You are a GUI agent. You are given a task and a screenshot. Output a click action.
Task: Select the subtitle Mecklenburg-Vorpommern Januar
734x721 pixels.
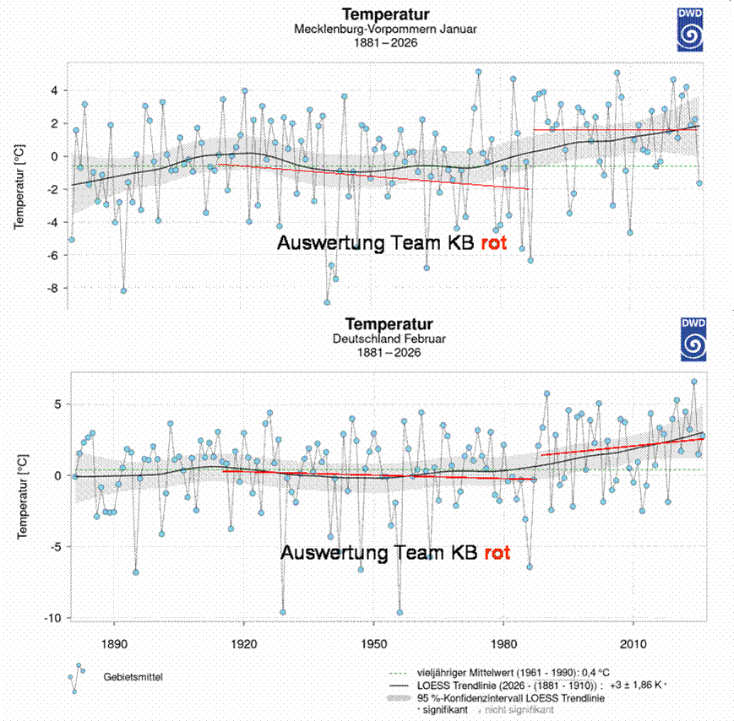pos(385,29)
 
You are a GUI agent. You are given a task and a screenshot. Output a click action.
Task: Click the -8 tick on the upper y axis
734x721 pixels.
pos(54,288)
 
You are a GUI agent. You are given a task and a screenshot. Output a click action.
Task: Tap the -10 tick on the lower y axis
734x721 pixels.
pos(51,618)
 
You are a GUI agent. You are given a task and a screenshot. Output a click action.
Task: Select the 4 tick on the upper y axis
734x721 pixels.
pos(56,90)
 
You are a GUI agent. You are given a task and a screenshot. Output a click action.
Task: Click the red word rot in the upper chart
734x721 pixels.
pos(492,244)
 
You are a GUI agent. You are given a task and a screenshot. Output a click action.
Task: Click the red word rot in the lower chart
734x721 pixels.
pos(497,554)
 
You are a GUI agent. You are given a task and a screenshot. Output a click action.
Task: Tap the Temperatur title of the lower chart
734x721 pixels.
pos(389,324)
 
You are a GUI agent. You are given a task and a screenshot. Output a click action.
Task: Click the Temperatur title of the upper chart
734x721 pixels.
pos(385,14)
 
